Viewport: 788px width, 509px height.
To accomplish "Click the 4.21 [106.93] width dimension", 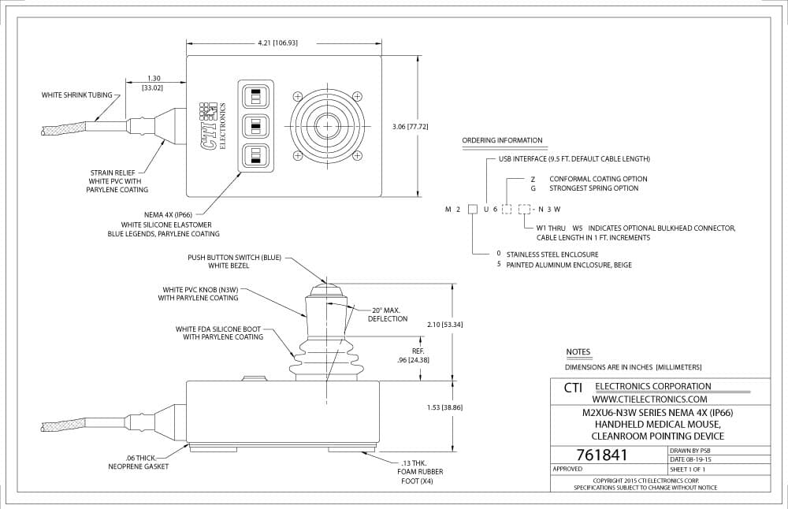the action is tap(277, 43).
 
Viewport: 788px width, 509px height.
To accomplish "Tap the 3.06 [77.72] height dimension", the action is tap(410, 127).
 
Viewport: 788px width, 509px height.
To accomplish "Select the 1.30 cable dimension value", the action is tap(154, 78).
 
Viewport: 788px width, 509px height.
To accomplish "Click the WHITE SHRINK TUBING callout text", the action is tap(77, 95).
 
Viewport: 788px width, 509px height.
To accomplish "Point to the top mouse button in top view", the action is tap(256, 95).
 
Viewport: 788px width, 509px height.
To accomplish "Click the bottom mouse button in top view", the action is tap(256, 155).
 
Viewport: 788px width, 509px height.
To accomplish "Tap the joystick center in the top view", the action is tap(327, 125).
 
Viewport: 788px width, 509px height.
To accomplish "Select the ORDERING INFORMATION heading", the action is tap(502, 140).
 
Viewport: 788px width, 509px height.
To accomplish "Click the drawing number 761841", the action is tap(602, 455).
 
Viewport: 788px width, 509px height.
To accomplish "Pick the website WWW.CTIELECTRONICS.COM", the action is tap(649, 399).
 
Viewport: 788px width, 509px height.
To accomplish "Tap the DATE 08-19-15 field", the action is tap(690, 459).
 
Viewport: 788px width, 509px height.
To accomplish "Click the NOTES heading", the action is tap(578, 351).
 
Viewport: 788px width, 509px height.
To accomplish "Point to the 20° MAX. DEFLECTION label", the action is tap(387, 314).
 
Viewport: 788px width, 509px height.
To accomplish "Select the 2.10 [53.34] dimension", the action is tap(444, 325).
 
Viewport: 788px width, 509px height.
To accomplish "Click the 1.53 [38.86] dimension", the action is tap(444, 407).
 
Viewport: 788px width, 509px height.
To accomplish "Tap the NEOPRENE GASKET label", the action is tap(139, 466).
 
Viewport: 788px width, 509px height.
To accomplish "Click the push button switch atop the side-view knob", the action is tap(325, 290).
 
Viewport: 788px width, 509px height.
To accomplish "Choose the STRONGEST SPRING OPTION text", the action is tap(593, 188).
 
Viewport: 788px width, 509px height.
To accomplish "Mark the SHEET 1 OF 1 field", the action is tap(687, 470).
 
